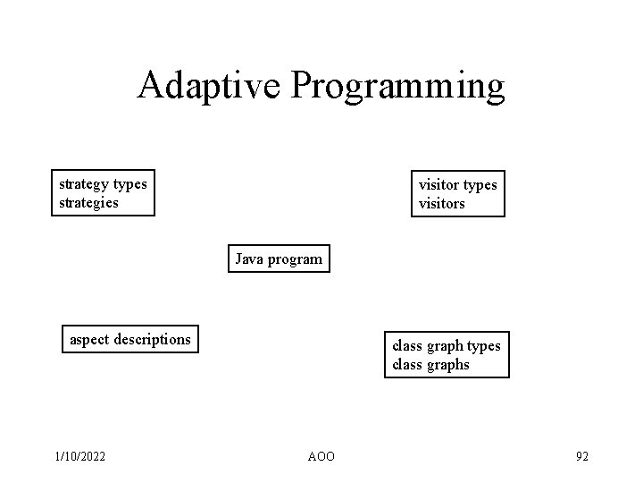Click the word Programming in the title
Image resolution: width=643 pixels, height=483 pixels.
(398, 87)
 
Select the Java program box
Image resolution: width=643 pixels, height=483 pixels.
(279, 259)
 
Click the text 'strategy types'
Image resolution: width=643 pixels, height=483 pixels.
(103, 184)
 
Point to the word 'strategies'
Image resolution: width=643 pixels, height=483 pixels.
(88, 202)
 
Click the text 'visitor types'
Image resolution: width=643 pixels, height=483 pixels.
(458, 185)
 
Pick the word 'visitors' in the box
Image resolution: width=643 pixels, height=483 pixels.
(442, 204)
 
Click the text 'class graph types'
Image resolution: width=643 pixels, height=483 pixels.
(447, 346)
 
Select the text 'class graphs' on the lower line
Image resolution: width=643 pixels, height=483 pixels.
(430, 364)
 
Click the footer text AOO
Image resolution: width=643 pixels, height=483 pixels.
(321, 457)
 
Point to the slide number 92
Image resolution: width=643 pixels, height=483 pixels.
(581, 457)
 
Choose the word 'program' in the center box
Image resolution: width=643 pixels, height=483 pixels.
(294, 260)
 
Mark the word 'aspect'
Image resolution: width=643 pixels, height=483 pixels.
(90, 340)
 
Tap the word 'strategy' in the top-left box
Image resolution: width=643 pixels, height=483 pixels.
(84, 184)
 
